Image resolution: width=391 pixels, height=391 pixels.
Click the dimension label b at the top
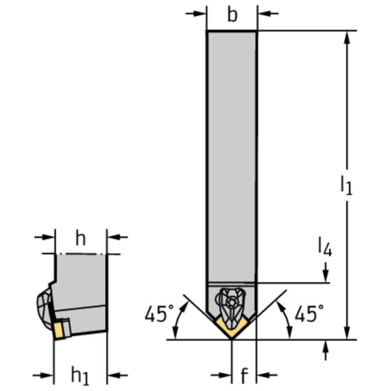tap(232, 15)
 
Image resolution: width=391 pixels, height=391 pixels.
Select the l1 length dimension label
tap(347, 185)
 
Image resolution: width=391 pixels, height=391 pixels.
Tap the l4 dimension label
tap(325, 248)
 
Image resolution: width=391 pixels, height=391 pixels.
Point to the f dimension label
tap(244, 376)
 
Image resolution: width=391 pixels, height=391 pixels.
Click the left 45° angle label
tap(155, 315)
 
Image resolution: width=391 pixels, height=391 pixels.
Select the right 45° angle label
tap(309, 315)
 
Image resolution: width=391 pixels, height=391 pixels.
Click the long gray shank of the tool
tap(232, 153)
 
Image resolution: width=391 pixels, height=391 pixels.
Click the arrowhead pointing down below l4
tap(325, 275)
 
